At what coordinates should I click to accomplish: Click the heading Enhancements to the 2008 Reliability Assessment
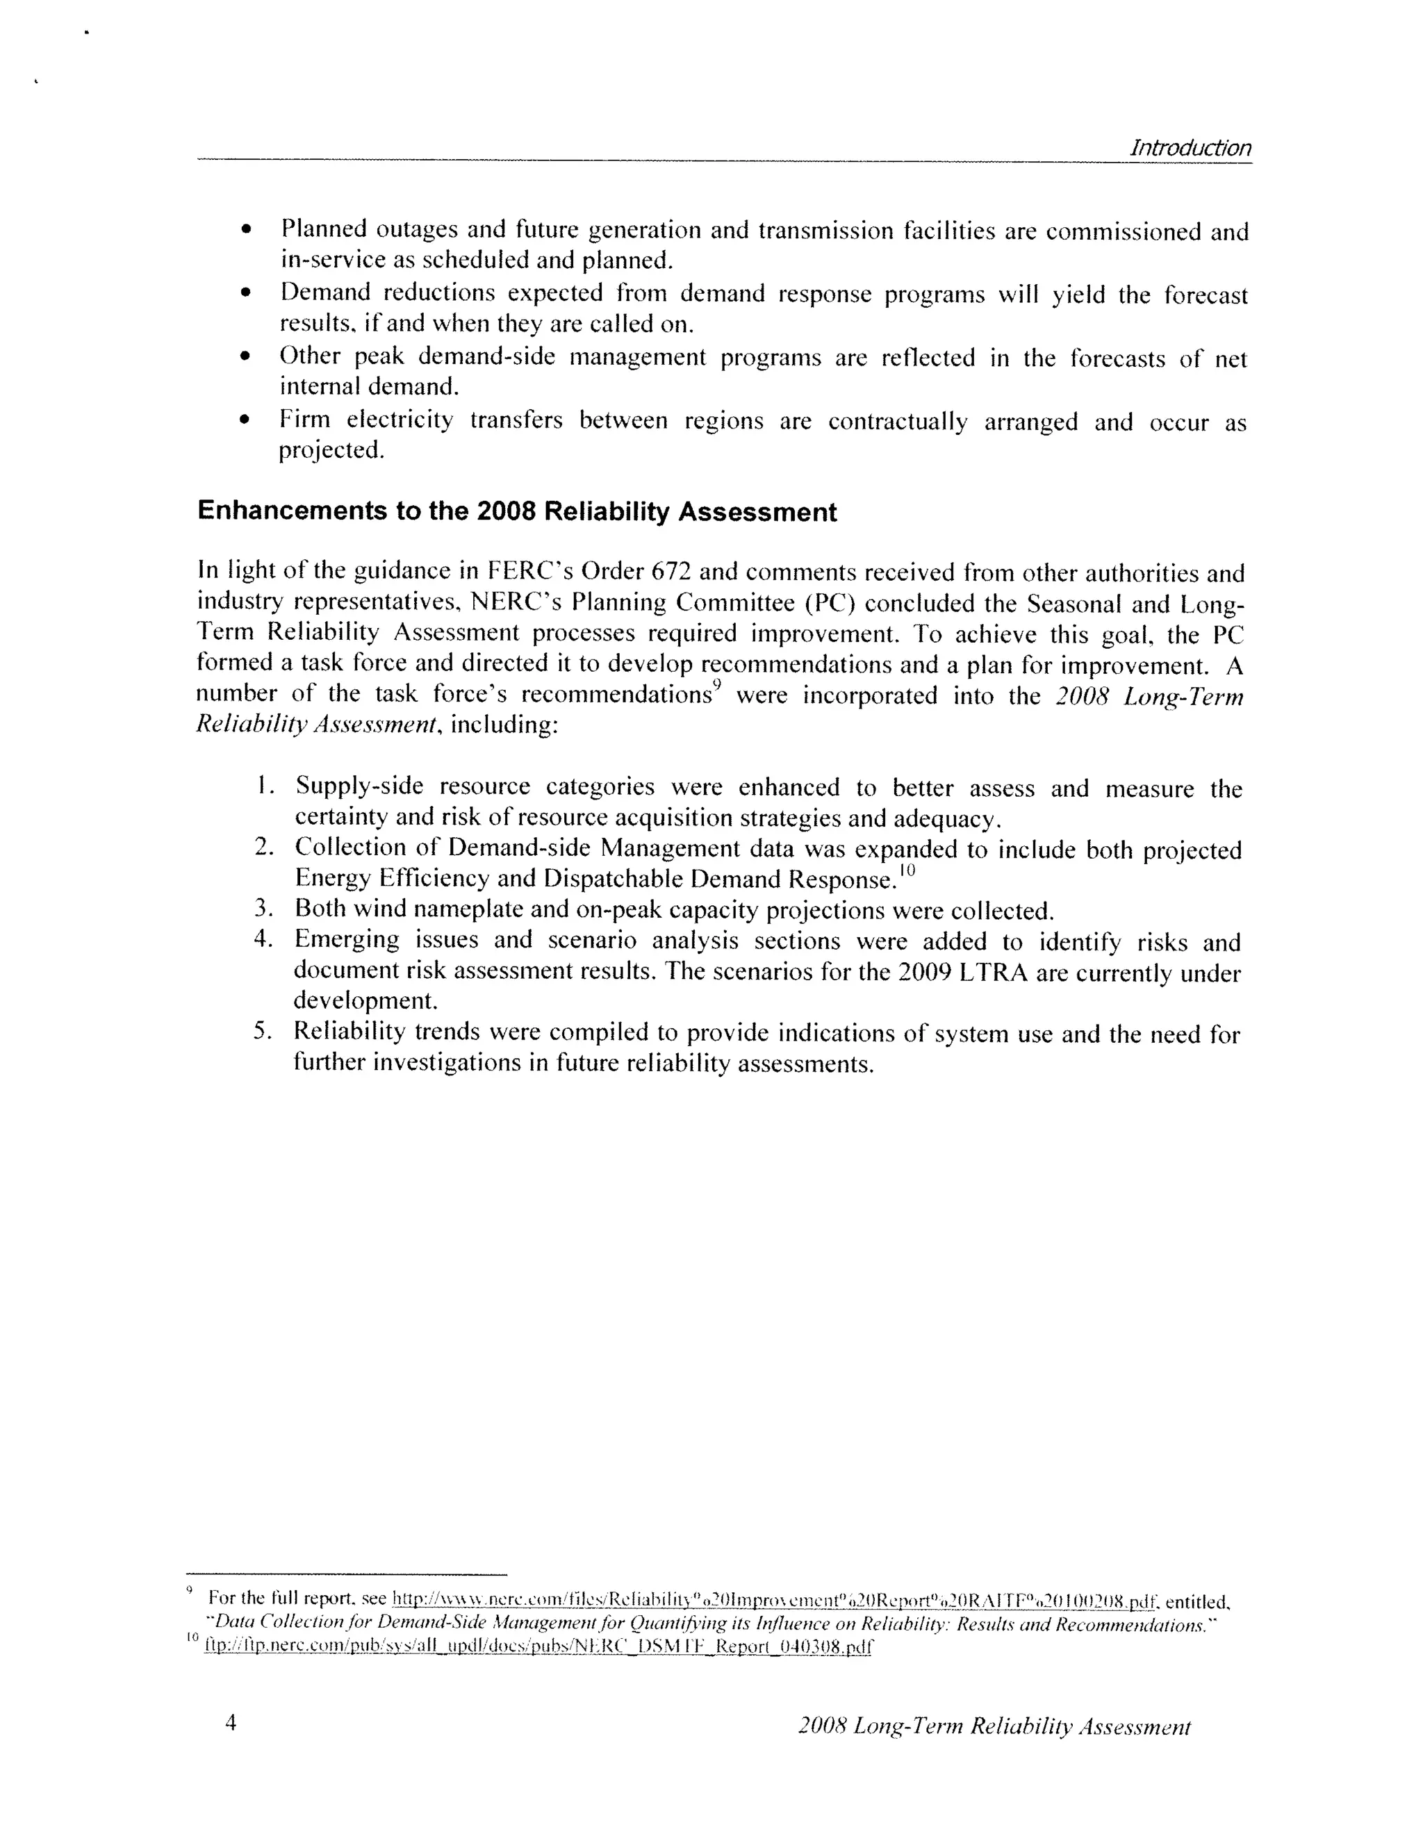(x=517, y=512)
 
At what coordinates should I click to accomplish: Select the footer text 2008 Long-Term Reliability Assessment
(x=994, y=1726)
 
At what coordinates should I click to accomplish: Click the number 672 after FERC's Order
(x=671, y=572)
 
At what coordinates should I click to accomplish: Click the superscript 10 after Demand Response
(x=906, y=870)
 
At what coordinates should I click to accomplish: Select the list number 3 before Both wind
(x=262, y=909)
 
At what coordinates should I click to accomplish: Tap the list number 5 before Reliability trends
(x=262, y=1031)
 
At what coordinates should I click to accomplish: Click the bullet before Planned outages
(x=245, y=230)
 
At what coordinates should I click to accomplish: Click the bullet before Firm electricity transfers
(x=245, y=420)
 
